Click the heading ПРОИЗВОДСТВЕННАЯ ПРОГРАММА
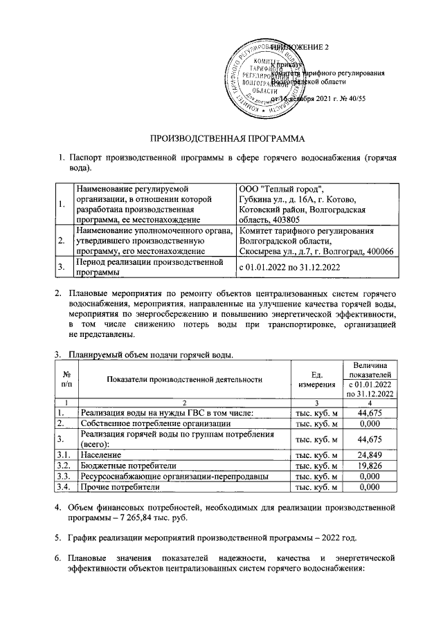[223, 137]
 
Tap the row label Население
[102, 456]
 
